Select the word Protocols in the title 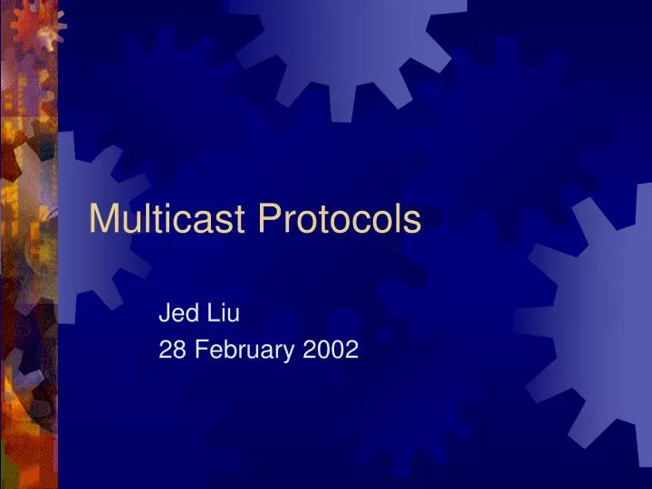(x=340, y=220)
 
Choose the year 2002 (x=331, y=350)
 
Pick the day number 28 (x=169, y=350)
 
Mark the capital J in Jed (x=164, y=314)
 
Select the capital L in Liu (x=213, y=314)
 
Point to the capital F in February (x=192, y=350)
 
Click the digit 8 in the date (x=175, y=350)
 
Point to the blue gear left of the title (x=91, y=226)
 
